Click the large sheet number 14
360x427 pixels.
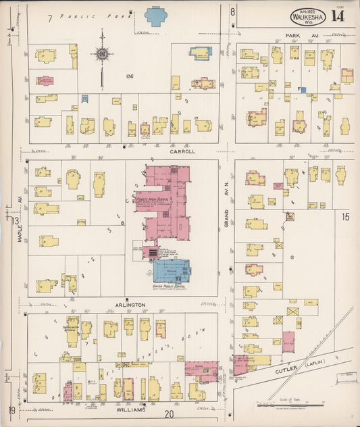(338, 16)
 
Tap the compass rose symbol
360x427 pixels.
(102, 53)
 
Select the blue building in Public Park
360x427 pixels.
(156, 16)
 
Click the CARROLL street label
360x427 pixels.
(182, 152)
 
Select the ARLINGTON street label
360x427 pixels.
(130, 305)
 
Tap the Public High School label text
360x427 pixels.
(152, 199)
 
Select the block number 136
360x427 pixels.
(129, 76)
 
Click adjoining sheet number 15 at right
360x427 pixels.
(345, 217)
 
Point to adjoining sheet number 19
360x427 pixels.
(12, 410)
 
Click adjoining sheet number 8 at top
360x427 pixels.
(232, 11)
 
